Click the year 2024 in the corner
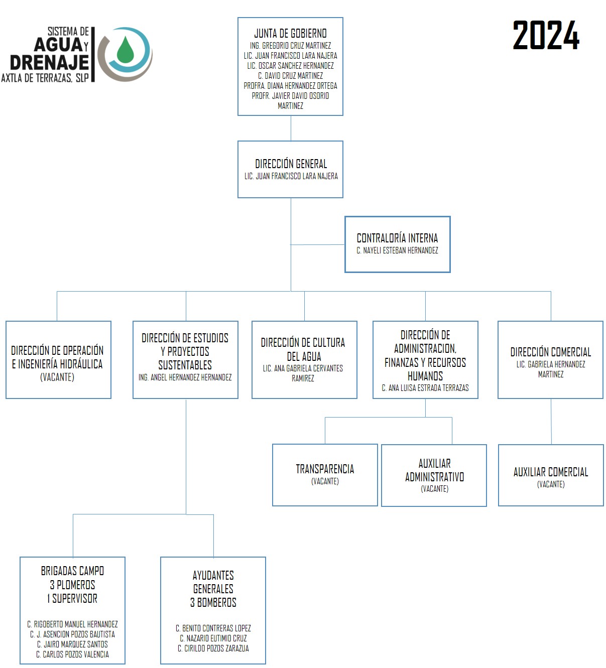[546, 35]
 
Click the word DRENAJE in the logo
[50, 63]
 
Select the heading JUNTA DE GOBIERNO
[290, 33]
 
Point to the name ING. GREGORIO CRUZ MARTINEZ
[290, 45]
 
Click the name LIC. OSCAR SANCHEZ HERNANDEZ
[290, 66]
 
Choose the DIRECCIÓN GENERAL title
[291, 164]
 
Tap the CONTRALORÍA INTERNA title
[397, 238]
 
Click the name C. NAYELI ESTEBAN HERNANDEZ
[397, 250]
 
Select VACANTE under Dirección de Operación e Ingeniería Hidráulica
[57, 377]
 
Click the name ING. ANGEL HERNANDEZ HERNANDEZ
[185, 377]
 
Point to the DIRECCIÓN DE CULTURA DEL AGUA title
[303, 349]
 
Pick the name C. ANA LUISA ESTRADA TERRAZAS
[425, 387]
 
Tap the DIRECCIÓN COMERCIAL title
[551, 352]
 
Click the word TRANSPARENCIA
[325, 469]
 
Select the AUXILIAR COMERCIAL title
[551, 472]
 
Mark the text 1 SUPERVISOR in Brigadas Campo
[72, 598]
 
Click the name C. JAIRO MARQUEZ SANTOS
[72, 644]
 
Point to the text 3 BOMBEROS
[213, 602]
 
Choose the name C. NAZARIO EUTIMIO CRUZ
[213, 638]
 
